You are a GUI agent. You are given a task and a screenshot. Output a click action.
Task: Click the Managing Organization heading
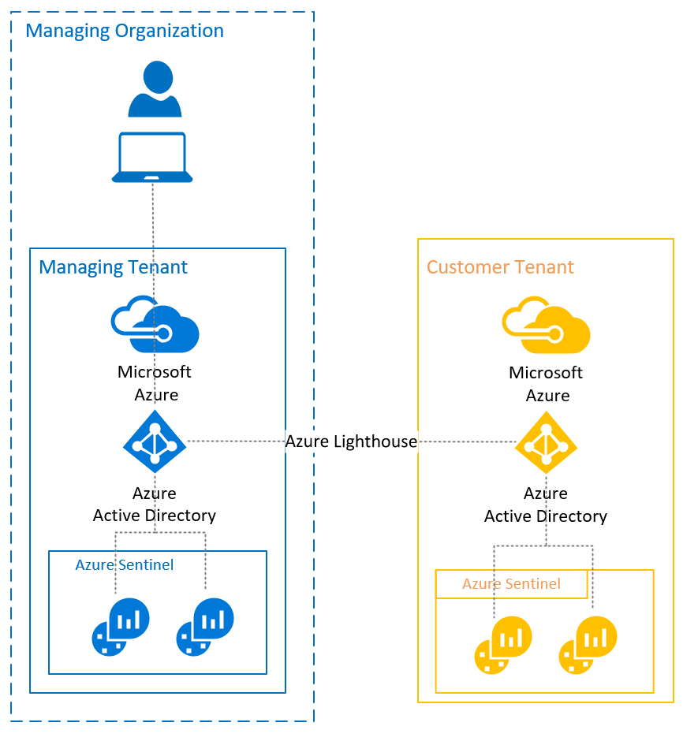click(x=125, y=32)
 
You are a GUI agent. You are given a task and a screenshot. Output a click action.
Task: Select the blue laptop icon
click(x=152, y=158)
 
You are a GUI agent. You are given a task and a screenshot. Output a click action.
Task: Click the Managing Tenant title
click(x=113, y=267)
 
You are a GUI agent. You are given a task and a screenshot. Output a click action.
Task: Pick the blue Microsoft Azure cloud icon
click(x=155, y=324)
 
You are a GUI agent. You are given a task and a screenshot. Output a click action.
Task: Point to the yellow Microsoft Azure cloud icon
click(x=546, y=324)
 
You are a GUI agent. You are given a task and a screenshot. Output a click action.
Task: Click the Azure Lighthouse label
click(x=351, y=441)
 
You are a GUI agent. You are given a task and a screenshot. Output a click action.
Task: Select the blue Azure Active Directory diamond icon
click(x=155, y=442)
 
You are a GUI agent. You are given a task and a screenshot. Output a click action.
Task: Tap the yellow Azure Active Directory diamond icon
click(x=546, y=442)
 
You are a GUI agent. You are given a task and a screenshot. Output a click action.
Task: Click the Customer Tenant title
click(x=500, y=267)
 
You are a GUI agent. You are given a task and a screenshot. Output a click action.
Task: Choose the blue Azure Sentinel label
click(x=125, y=565)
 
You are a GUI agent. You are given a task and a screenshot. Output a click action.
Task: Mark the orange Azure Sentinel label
click(x=511, y=584)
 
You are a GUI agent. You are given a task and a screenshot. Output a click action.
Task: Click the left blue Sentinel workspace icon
click(x=121, y=627)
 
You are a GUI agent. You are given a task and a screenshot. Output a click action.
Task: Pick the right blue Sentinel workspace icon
click(x=205, y=627)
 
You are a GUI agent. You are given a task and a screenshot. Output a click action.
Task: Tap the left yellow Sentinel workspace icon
click(x=503, y=645)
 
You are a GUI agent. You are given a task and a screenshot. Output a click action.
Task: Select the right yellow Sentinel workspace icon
click(x=588, y=645)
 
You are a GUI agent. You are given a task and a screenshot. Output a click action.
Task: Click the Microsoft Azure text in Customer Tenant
click(x=546, y=384)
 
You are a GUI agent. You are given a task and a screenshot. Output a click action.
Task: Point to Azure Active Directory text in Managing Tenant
click(x=155, y=505)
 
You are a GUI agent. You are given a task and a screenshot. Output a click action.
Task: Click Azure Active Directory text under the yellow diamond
click(x=546, y=505)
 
